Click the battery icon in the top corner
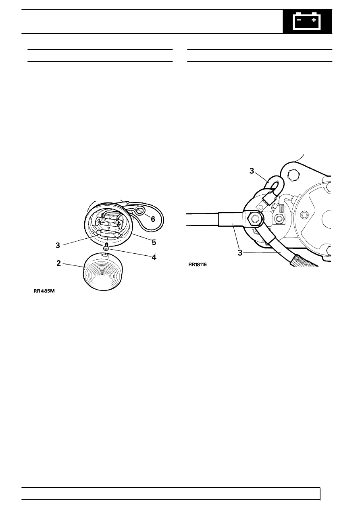coord(307,21)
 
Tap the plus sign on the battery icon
coord(314,20)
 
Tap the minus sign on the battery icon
coord(299,20)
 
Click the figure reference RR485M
coord(44,291)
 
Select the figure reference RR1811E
coord(198,265)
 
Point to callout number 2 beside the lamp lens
coord(58,263)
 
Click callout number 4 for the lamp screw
coord(154,257)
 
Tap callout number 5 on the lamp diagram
coord(154,242)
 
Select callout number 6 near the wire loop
coord(153,219)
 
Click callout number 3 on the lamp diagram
coord(58,245)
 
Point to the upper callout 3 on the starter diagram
coord(252,171)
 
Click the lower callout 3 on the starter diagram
coord(240,252)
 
